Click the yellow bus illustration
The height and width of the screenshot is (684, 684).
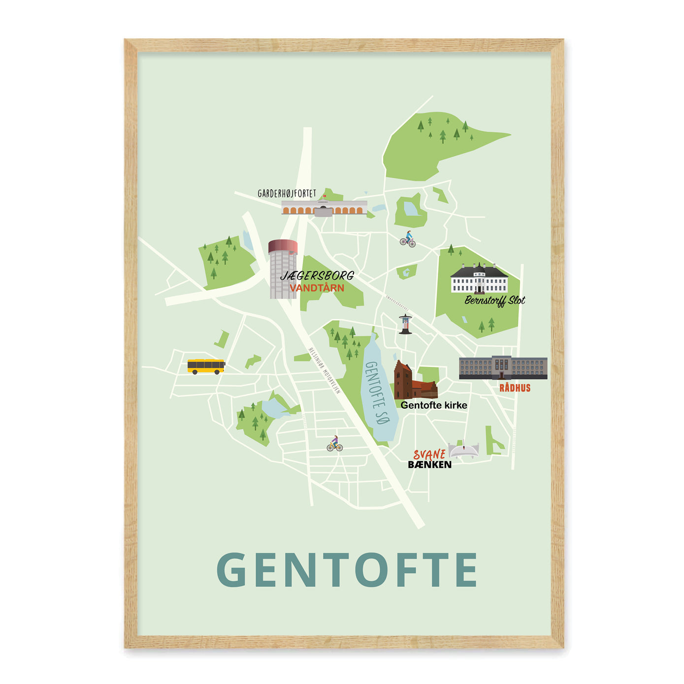coord(206,366)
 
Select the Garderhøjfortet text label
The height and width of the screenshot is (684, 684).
coord(287,194)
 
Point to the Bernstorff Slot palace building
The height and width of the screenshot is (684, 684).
coord(479,279)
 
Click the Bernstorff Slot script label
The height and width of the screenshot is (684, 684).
coord(494,300)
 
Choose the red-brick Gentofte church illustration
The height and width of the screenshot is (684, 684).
coord(414,382)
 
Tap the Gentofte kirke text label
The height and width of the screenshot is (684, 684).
coord(433,405)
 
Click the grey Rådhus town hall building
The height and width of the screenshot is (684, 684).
coord(503,367)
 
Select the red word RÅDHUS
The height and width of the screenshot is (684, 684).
coord(515,388)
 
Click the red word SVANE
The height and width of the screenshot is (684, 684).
coord(429,454)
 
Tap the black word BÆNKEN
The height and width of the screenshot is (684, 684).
coord(429,464)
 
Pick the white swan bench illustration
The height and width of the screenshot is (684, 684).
coord(463,450)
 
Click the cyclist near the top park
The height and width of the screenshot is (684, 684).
coord(408,239)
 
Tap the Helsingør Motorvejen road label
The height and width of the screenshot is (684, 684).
coord(324,371)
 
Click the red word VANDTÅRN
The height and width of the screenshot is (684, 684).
coord(317,288)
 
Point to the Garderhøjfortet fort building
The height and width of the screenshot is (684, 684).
coord(324,208)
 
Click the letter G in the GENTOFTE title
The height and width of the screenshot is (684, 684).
coord(231,570)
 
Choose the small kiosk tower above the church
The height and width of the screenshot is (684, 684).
coord(405,324)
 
